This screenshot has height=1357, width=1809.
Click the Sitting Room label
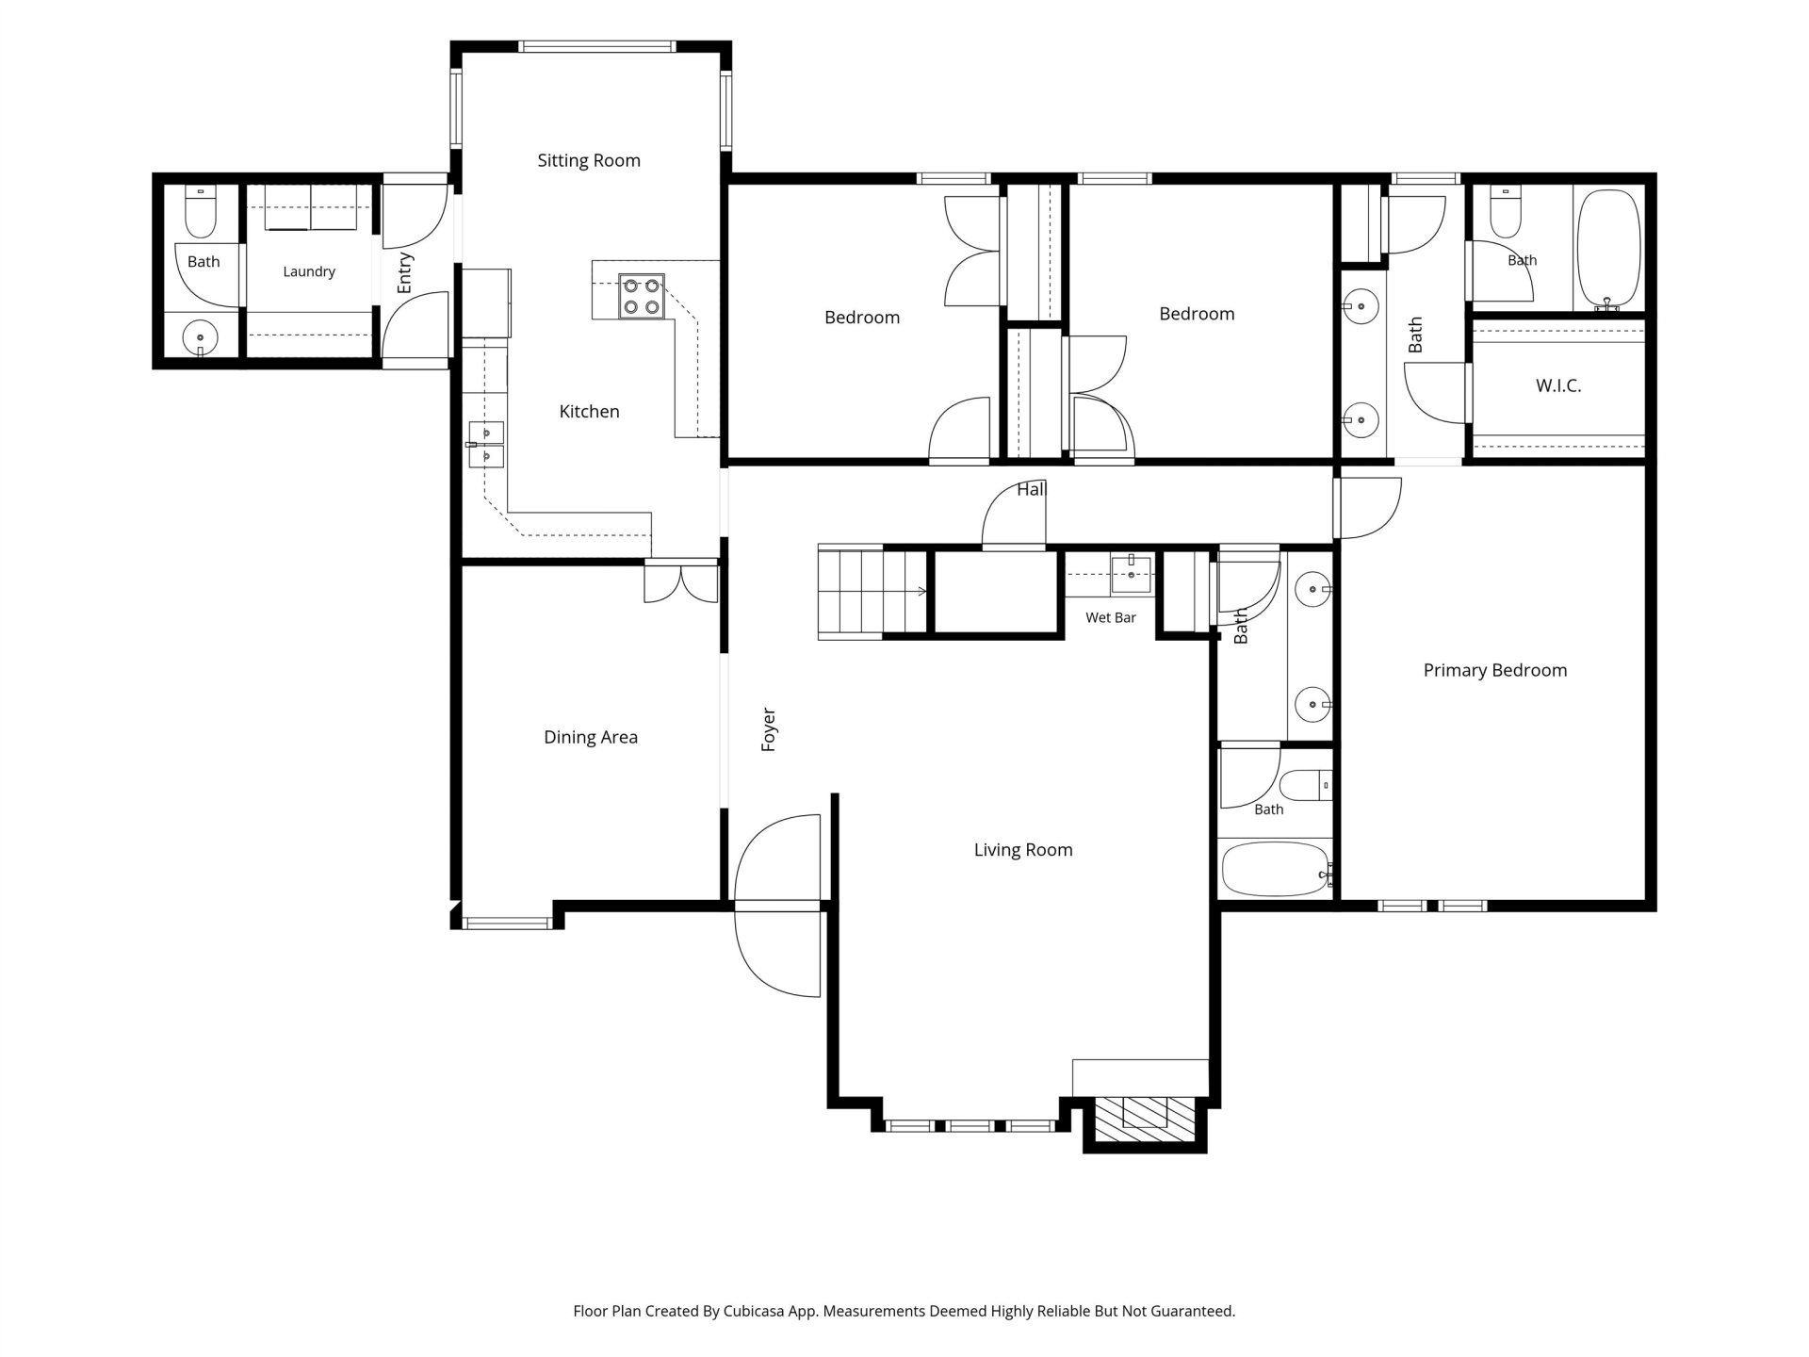pos(589,160)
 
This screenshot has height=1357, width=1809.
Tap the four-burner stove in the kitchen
pos(642,296)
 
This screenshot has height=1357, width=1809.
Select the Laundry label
pos(309,271)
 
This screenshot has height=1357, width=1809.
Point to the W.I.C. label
pos(1558,385)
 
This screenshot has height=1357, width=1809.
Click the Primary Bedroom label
pos(1495,671)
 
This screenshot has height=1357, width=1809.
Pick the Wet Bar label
pos(1111,617)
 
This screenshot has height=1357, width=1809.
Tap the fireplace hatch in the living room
pos(1145,1112)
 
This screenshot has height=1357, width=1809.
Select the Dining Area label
pos(591,737)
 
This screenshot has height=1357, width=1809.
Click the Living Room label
pos(1023,850)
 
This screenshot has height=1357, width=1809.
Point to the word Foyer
pos(768,729)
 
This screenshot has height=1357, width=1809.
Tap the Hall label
pos(1032,489)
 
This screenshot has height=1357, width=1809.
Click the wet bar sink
pos(1131,574)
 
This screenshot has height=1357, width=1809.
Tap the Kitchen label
pos(590,411)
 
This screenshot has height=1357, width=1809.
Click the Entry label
pos(404,272)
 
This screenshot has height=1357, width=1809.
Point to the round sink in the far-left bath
pos(200,336)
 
